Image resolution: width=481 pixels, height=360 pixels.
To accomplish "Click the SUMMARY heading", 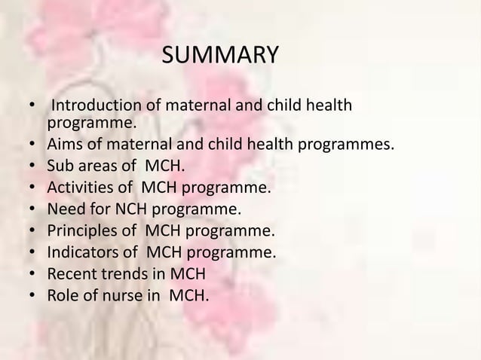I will [x=220, y=56].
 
